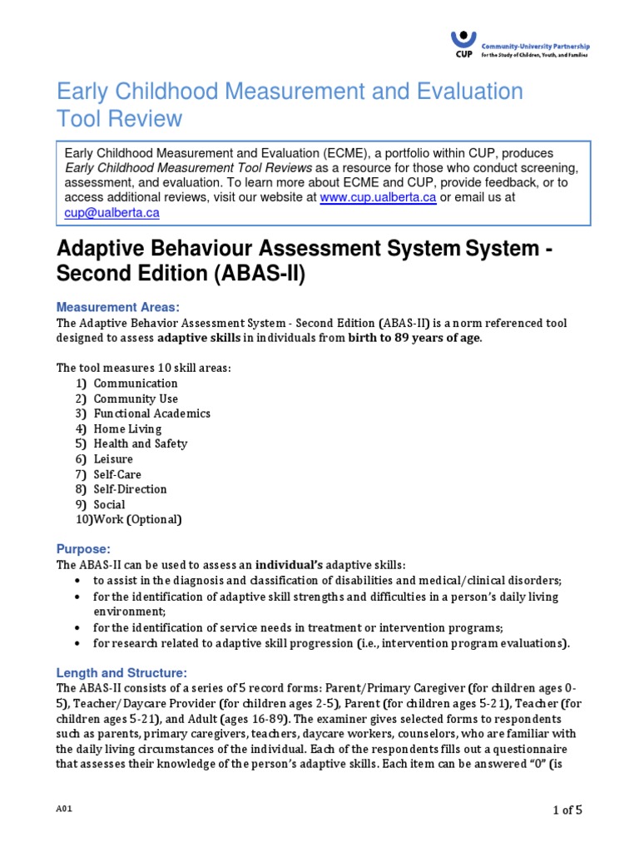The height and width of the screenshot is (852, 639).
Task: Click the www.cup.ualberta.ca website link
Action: (x=378, y=198)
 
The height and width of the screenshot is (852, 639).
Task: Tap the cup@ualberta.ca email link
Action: (x=111, y=213)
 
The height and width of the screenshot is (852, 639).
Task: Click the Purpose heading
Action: (x=82, y=549)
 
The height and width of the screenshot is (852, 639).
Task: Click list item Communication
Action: (x=136, y=384)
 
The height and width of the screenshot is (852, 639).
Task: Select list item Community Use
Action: (x=136, y=399)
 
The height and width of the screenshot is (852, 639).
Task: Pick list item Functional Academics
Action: (x=151, y=414)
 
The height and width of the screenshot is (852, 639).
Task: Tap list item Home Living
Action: (x=127, y=428)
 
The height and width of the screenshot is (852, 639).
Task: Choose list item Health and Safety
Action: (x=140, y=443)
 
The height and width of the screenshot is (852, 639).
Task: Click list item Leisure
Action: (x=113, y=459)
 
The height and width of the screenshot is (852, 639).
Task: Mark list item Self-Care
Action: (x=117, y=474)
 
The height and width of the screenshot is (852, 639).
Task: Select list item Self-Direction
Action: (x=130, y=489)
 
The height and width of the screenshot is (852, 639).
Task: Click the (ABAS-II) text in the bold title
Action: (x=259, y=275)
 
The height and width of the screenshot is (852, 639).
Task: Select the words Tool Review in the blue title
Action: (x=118, y=119)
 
